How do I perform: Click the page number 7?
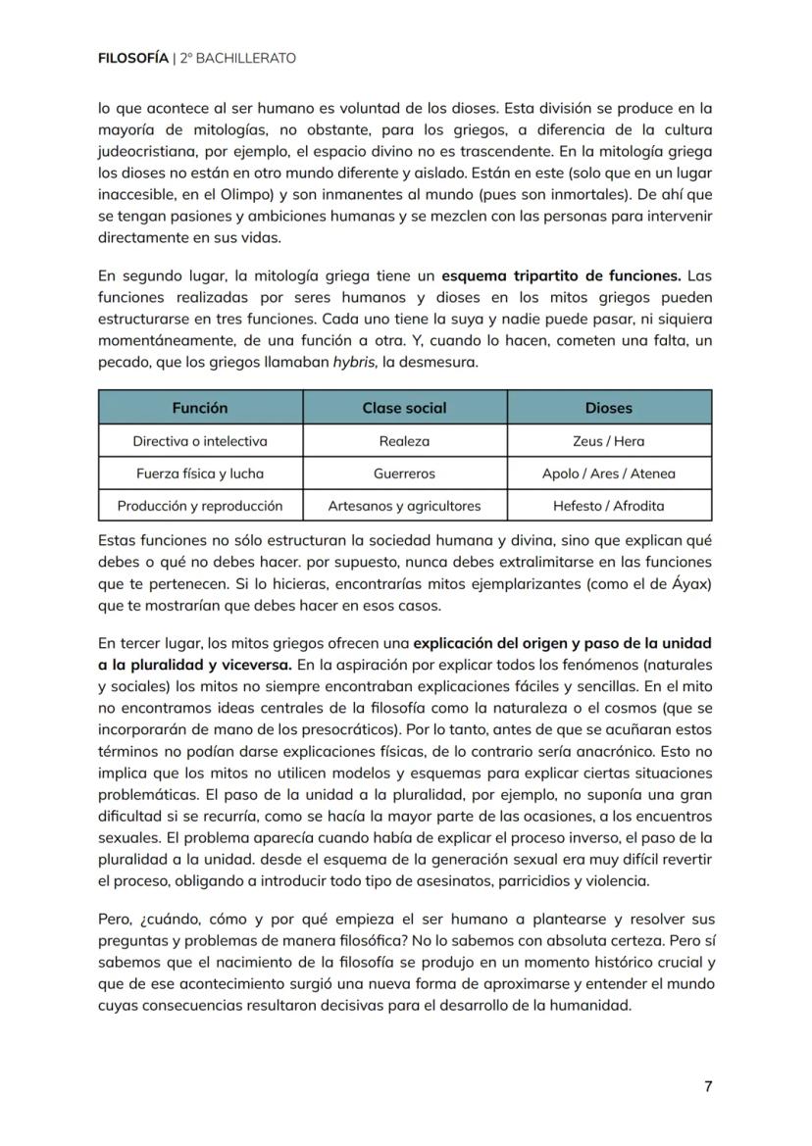pyautogui.click(x=708, y=1086)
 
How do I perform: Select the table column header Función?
pyautogui.click(x=200, y=408)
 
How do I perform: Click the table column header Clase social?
pyautogui.click(x=404, y=408)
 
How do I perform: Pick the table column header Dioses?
pyautogui.click(x=609, y=408)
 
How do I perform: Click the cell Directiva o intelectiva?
pyautogui.click(x=200, y=441)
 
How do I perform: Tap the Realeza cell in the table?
pyautogui.click(x=404, y=441)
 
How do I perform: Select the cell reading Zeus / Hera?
pyautogui.click(x=609, y=441)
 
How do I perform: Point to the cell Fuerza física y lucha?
pyautogui.click(x=200, y=473)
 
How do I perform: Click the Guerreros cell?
pyautogui.click(x=404, y=473)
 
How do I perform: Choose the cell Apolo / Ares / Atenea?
pyautogui.click(x=609, y=473)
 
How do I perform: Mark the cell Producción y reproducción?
pyautogui.click(x=200, y=506)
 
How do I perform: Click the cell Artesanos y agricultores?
pyautogui.click(x=404, y=506)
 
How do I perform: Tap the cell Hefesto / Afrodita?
pyautogui.click(x=609, y=506)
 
